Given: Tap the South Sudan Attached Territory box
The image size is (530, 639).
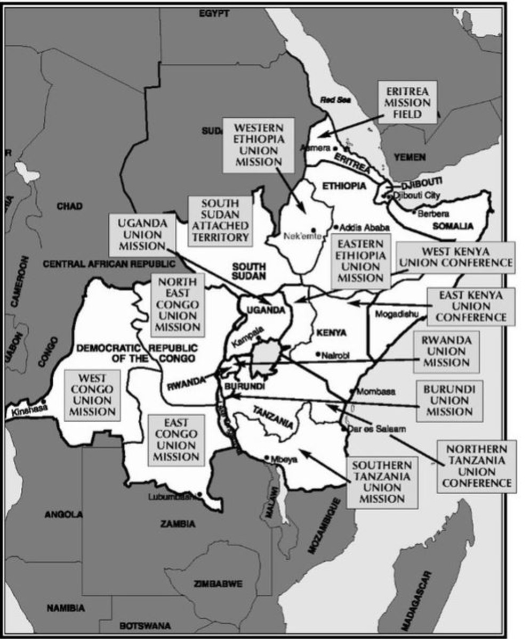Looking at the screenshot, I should [220, 220].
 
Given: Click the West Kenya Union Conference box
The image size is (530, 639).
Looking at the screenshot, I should [456, 257].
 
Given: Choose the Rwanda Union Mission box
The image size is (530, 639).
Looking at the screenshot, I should [446, 351].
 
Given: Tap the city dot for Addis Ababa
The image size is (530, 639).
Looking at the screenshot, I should [336, 225].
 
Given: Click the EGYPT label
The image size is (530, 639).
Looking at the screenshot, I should [214, 13].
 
